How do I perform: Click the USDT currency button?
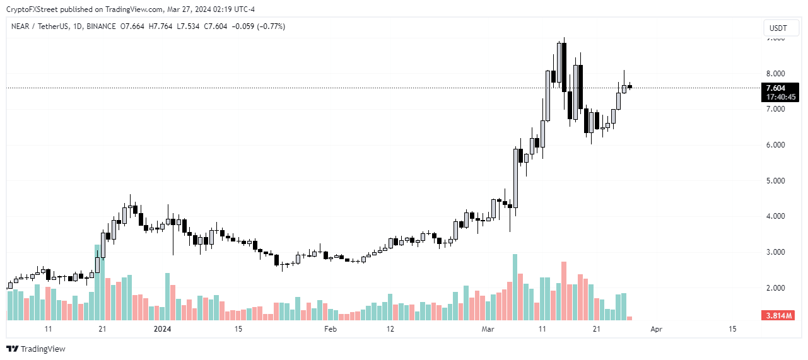780,28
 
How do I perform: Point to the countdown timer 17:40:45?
780,97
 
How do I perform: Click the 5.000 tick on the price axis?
775,181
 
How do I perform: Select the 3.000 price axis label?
775,252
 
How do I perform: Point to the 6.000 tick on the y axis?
775,145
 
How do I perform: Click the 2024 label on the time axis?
163,329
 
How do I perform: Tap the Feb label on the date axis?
330,329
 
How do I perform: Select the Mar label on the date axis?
488,329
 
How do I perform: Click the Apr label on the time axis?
656,329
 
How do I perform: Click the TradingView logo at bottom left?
36,349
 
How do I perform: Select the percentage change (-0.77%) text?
267,26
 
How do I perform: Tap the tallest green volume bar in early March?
515,287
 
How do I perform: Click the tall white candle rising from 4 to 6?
515,178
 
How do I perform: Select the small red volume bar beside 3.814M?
629,318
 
